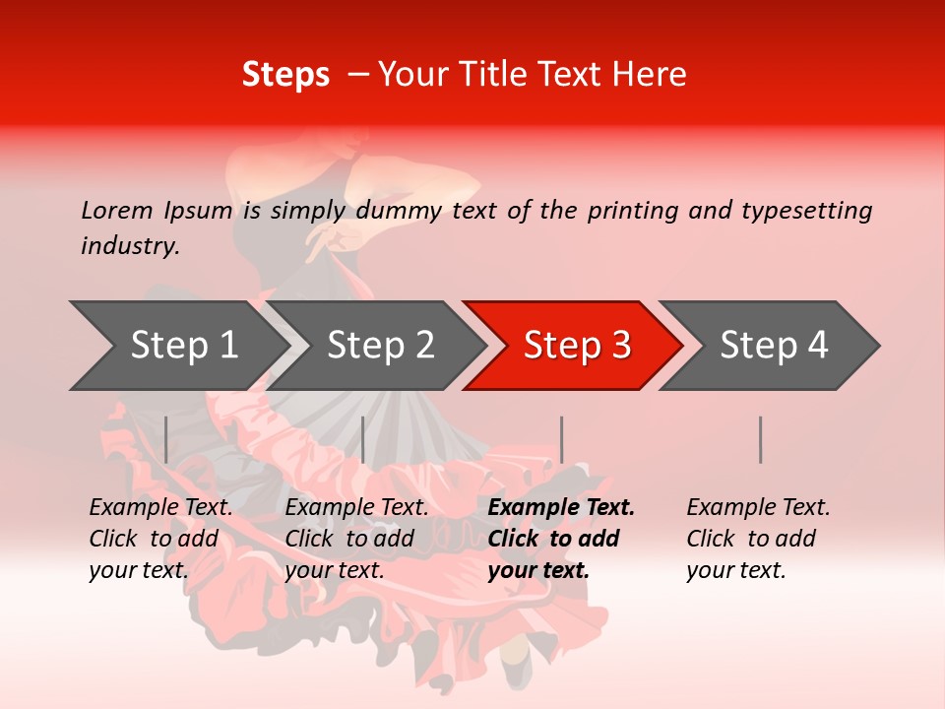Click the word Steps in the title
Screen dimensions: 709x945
(285, 75)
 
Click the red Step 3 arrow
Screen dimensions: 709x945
(577, 345)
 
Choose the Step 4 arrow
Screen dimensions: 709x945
(774, 345)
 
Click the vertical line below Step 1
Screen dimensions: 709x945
(166, 439)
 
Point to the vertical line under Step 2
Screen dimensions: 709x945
(363, 439)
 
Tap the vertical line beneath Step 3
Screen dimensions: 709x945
(561, 439)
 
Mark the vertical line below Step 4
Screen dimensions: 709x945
(760, 439)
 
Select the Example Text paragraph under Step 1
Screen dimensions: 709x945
(160, 539)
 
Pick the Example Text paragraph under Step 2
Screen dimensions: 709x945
(356, 539)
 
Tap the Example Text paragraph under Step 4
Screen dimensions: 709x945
(758, 539)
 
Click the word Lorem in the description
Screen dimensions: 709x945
(117, 210)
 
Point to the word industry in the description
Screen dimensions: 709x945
(129, 246)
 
